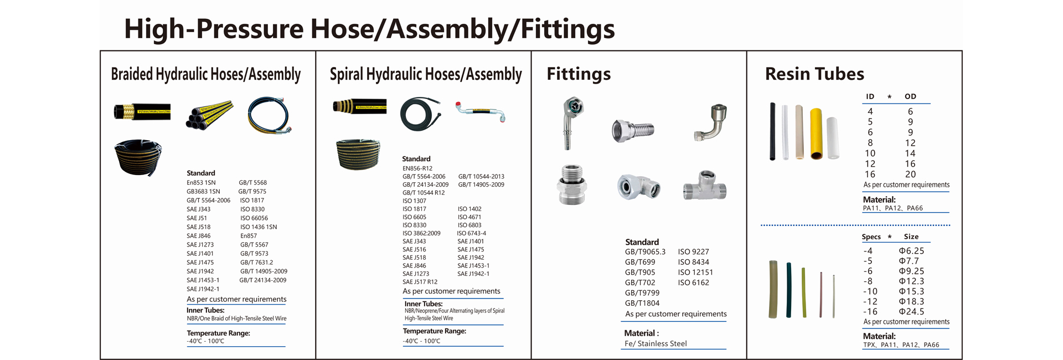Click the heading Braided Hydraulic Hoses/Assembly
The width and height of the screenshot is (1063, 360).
coord(205,74)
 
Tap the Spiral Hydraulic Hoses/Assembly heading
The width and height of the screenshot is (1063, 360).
coord(425,74)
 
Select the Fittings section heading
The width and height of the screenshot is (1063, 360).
coord(579,74)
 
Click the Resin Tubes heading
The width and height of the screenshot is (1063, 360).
coord(814,74)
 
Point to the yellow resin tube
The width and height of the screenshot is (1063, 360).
coord(816,133)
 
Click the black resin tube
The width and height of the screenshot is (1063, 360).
coord(772,131)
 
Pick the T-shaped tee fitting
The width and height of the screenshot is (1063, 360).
coord(704,186)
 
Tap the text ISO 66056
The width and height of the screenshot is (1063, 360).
coord(254,218)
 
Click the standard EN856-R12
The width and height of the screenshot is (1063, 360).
coord(417,168)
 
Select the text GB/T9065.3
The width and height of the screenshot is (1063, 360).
coord(645,252)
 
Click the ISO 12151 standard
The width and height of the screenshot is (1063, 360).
coord(695,272)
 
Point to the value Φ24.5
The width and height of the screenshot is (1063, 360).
coord(911,312)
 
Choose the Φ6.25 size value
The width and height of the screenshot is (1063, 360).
coord(911,251)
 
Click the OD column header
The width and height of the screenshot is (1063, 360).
coord(910,96)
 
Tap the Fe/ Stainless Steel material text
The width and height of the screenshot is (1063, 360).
coord(656,343)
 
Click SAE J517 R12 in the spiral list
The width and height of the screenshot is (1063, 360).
coord(420,282)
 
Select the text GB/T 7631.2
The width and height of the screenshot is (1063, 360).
coord(256,263)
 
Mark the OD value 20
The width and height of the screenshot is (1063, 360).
coord(910,174)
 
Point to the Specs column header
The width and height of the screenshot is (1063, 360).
coord(871,236)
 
